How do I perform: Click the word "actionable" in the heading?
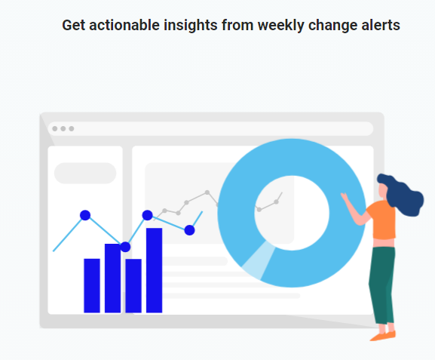[124, 25]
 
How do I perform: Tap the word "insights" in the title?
[190, 26]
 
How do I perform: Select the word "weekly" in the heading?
[280, 26]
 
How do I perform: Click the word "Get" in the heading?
[74, 25]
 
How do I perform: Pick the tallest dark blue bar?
[155, 270]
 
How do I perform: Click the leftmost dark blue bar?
[92, 285]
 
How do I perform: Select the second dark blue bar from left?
[112, 278]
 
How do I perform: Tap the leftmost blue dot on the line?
[85, 215]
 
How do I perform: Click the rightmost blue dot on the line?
[189, 230]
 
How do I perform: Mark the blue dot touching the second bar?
[125, 247]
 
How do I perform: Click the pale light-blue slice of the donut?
[258, 260]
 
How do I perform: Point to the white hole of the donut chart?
[292, 213]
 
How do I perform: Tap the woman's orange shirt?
[382, 220]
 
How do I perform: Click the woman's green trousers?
[382, 285]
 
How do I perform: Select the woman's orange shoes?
[384, 336]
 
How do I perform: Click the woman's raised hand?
[345, 197]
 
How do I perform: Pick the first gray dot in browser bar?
[55, 128]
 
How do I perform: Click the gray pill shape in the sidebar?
[85, 173]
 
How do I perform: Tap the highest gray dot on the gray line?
[207, 192]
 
